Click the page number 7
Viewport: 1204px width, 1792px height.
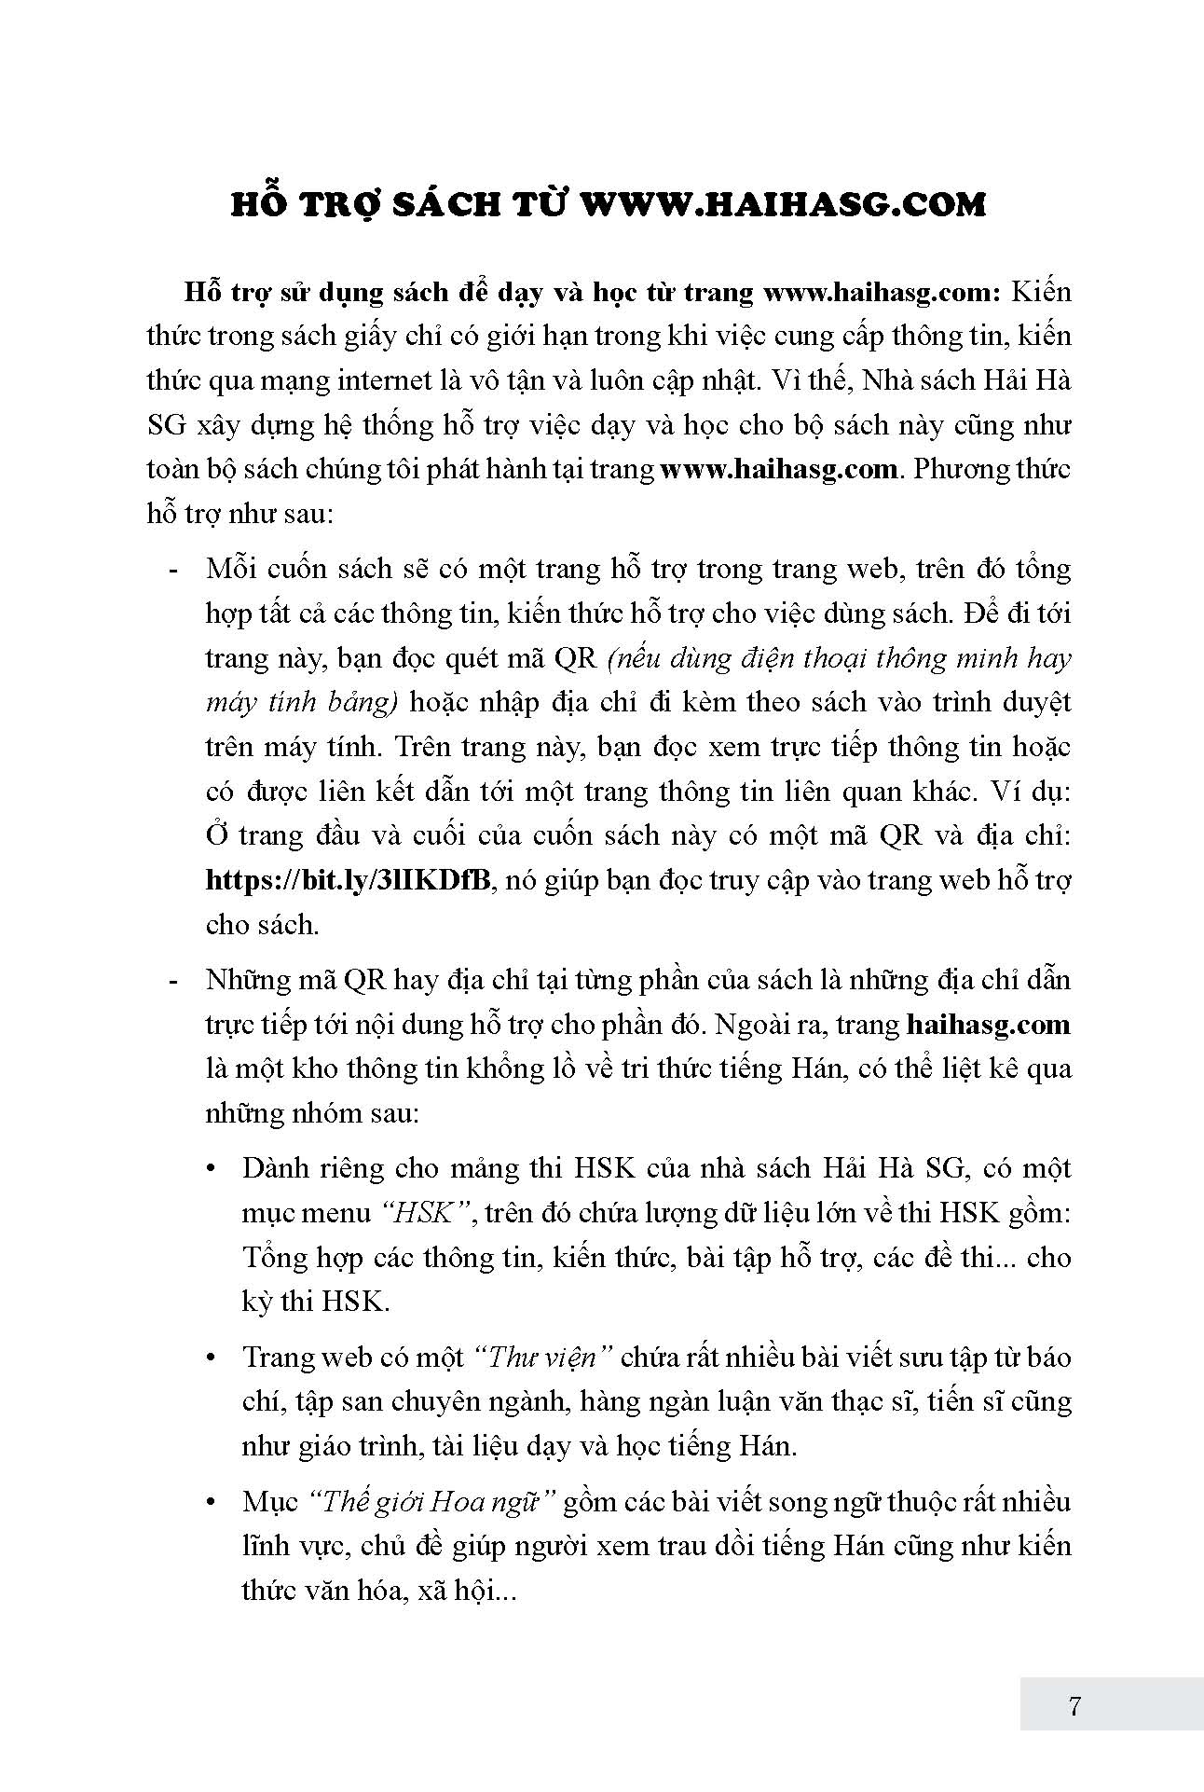click(x=1074, y=1707)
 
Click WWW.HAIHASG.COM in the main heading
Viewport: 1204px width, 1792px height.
click(x=783, y=204)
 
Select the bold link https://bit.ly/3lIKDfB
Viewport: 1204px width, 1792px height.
click(x=348, y=880)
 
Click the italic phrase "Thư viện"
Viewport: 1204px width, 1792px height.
click(x=541, y=1357)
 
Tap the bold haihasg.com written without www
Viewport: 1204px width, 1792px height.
click(x=987, y=1025)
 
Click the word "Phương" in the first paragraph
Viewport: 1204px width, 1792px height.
click(x=956, y=468)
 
